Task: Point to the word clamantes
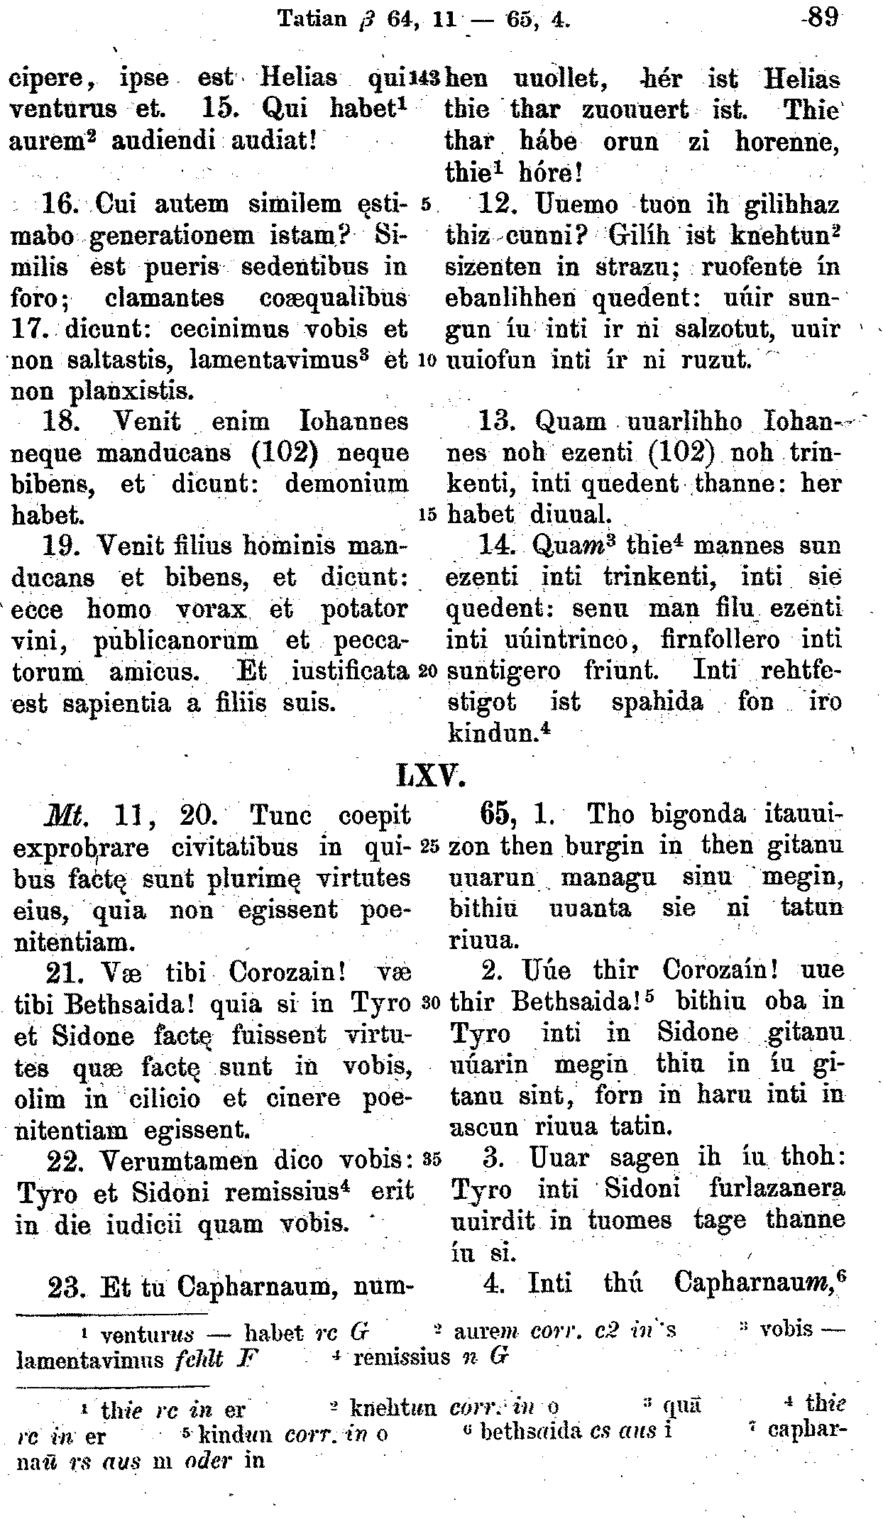164,298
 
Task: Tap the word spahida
657,703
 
